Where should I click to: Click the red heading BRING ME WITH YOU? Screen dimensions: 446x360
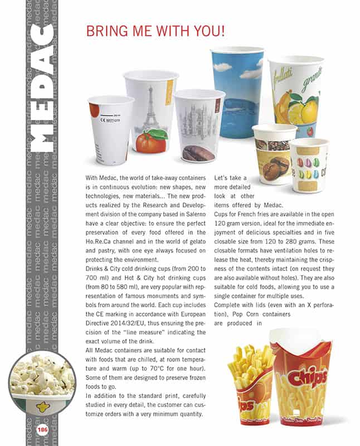point(155,31)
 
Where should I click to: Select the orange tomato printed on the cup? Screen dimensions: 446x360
point(150,142)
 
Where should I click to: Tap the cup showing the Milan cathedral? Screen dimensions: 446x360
point(198,126)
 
